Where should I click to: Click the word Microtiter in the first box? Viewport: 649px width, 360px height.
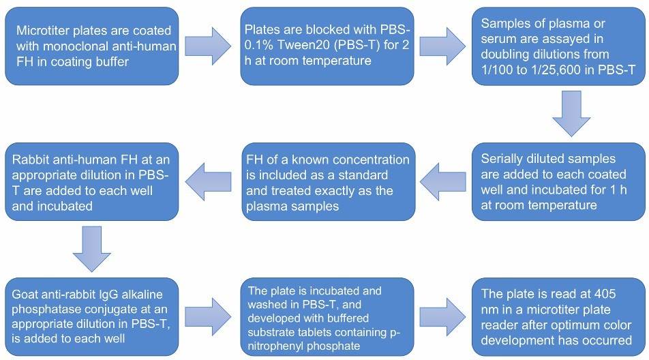pyautogui.click(x=42, y=31)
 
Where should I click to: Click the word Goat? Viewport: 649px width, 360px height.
pyautogui.click(x=27, y=295)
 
